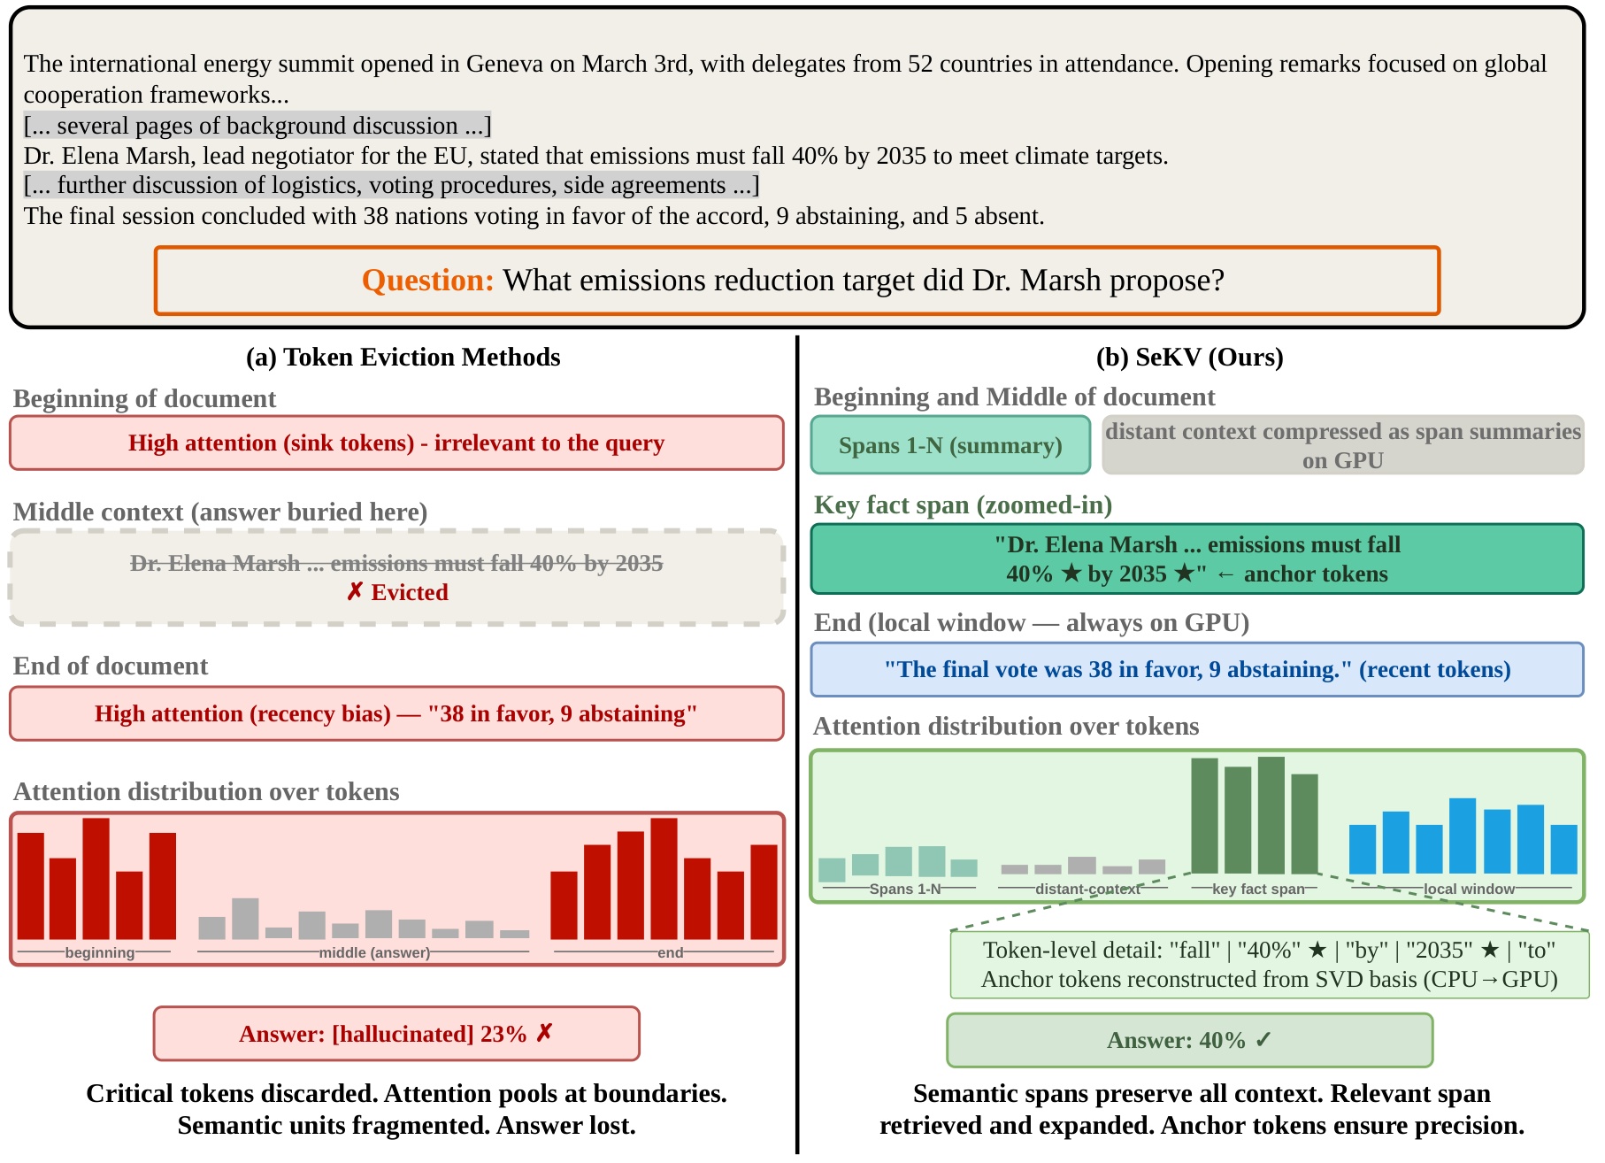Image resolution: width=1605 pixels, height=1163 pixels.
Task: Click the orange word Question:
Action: (x=427, y=281)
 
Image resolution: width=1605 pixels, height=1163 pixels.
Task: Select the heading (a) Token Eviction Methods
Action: (x=403, y=357)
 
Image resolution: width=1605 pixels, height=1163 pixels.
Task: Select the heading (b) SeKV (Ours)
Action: (x=1189, y=357)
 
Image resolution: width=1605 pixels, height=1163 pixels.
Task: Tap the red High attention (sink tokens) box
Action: (x=396, y=443)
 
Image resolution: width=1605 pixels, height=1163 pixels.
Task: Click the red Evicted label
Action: (x=397, y=592)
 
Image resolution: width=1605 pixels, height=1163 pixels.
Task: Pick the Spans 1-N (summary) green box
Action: (x=950, y=444)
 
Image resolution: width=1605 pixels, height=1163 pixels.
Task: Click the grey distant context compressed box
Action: (x=1342, y=444)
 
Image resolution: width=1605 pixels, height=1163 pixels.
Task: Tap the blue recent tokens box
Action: (x=1197, y=669)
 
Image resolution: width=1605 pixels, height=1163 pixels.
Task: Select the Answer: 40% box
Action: (x=1189, y=1040)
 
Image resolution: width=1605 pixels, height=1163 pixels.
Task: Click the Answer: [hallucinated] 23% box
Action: (x=396, y=1033)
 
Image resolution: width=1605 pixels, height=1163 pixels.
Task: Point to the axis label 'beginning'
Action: (x=99, y=952)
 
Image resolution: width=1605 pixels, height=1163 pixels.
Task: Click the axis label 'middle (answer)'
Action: (x=374, y=952)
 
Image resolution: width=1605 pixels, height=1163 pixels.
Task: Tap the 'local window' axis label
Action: (x=1469, y=889)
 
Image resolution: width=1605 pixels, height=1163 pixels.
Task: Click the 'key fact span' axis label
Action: (x=1258, y=889)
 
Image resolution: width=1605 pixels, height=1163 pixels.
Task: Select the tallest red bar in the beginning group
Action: (x=96, y=879)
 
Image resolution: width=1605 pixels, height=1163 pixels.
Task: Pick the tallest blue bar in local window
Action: (x=1463, y=836)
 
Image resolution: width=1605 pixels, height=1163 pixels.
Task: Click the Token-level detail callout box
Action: (x=1270, y=965)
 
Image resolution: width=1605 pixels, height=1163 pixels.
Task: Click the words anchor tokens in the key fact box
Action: (x=1316, y=574)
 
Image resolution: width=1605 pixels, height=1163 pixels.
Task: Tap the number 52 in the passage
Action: (x=920, y=64)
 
